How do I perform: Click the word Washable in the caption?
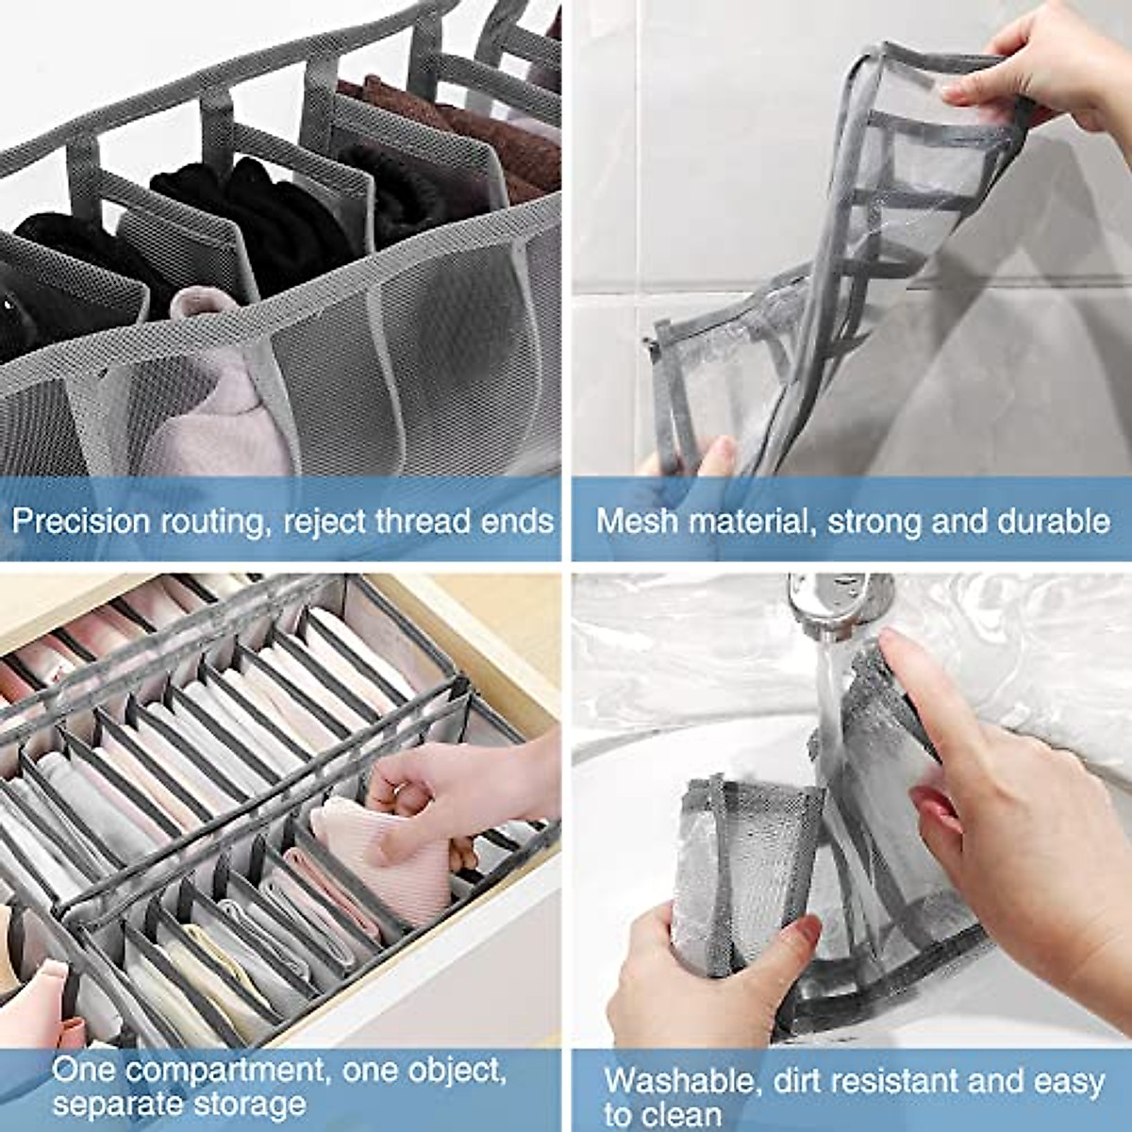677,1081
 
